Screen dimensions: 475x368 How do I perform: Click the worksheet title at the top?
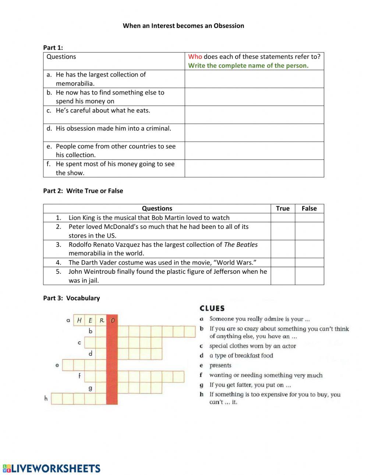pyautogui.click(x=183, y=26)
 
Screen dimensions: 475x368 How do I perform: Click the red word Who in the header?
pyautogui.click(x=195, y=57)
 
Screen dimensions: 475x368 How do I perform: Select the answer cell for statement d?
pyautogui.click(x=254, y=132)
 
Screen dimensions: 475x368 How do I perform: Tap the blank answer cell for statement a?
pyautogui.click(x=254, y=79)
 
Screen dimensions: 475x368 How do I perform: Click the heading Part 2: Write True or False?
pyautogui.click(x=83, y=191)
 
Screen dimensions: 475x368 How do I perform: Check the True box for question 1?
pyautogui.click(x=283, y=217)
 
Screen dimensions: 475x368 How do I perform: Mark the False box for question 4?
pyautogui.click(x=309, y=262)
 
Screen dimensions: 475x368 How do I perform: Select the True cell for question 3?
pyautogui.click(x=283, y=249)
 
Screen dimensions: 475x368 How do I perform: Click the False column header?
pyautogui.click(x=309, y=208)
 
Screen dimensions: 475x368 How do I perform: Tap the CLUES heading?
pyautogui.click(x=212, y=308)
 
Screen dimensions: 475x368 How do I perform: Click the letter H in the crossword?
pyautogui.click(x=79, y=320)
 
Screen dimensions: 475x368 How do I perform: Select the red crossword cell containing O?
pyautogui.click(x=112, y=320)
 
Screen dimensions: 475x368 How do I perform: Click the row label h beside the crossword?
pyautogui.click(x=46, y=398)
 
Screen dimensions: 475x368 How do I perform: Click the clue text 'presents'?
pyautogui.click(x=220, y=365)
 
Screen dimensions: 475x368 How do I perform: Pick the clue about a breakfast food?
pyautogui.click(x=241, y=355)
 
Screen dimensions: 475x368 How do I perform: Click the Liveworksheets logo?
pyautogui.click(x=52, y=468)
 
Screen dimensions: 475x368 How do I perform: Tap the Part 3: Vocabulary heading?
pyautogui.click(x=71, y=298)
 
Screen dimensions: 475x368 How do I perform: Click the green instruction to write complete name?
pyautogui.click(x=248, y=65)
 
